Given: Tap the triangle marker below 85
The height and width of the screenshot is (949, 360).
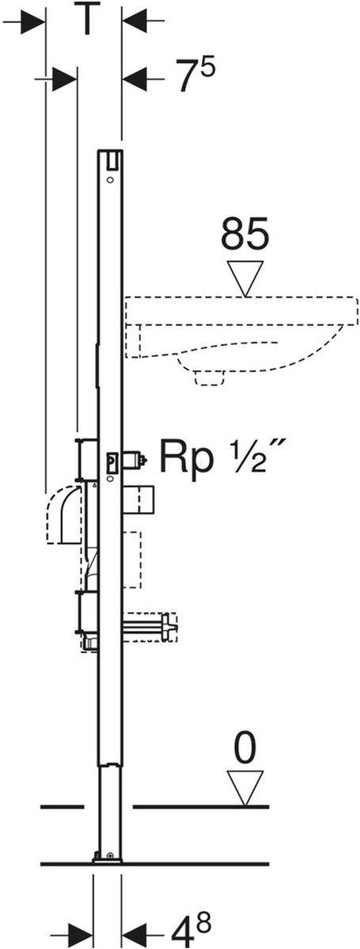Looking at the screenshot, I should click(x=245, y=278).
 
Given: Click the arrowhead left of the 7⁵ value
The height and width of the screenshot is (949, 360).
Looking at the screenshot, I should click(x=136, y=78).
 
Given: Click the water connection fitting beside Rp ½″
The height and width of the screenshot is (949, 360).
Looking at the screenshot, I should click(x=127, y=458).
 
